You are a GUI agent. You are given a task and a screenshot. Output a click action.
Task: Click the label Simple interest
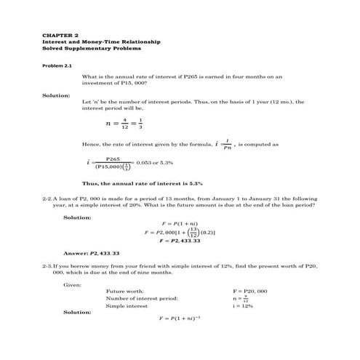coord(127,305)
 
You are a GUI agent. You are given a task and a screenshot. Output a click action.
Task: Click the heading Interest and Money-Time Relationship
coord(100,41)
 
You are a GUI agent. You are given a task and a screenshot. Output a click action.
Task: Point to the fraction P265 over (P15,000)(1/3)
coord(114,162)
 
